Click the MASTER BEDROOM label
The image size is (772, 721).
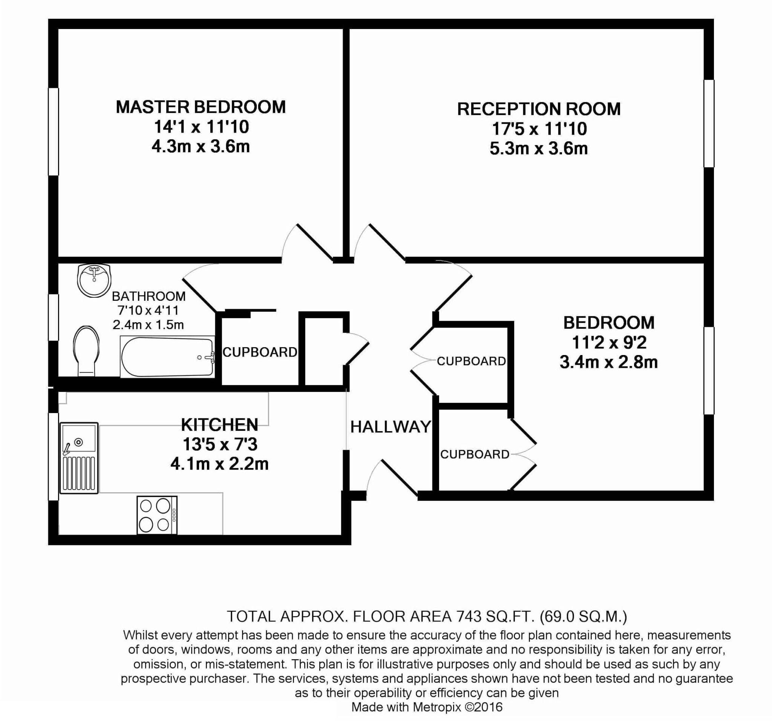click(201, 107)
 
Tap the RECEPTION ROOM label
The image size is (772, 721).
click(539, 109)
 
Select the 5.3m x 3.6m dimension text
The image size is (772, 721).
click(539, 149)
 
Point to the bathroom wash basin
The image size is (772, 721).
click(93, 280)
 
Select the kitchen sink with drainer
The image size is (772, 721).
click(79, 458)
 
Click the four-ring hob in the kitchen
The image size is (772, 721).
click(157, 515)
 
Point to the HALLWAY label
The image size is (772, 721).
click(391, 427)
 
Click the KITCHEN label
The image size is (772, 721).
click(219, 425)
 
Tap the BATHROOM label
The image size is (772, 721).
click(149, 296)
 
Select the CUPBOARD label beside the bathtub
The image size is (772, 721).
click(260, 352)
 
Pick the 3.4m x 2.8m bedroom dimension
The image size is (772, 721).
click(608, 362)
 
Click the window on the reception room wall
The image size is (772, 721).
click(709, 124)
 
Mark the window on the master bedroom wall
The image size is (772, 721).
click(53, 131)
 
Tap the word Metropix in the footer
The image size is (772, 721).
click(437, 707)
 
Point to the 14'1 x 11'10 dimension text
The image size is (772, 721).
click(201, 127)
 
